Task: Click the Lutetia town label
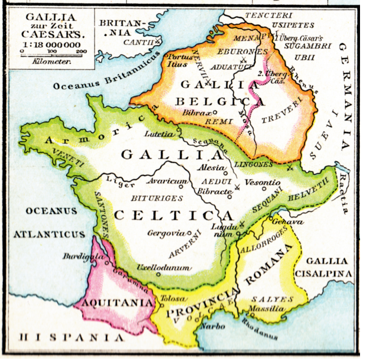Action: (157, 133)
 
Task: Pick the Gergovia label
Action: (166, 233)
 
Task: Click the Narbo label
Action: (213, 326)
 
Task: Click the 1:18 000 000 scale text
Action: (51, 44)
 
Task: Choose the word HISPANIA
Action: (70, 337)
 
